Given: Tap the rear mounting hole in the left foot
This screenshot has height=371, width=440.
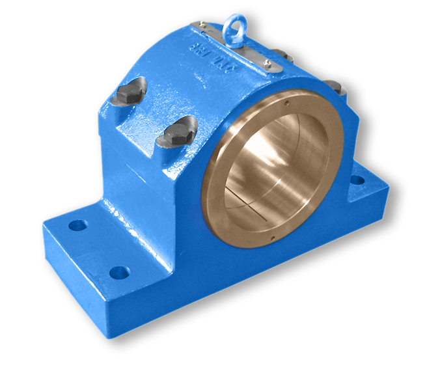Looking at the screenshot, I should pyautogui.click(x=77, y=225).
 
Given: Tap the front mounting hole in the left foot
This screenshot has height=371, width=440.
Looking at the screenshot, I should pyautogui.click(x=118, y=272).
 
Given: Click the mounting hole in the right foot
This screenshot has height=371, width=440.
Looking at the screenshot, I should pyautogui.click(x=357, y=180).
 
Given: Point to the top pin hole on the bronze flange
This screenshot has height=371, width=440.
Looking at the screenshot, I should pyautogui.click(x=287, y=101).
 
